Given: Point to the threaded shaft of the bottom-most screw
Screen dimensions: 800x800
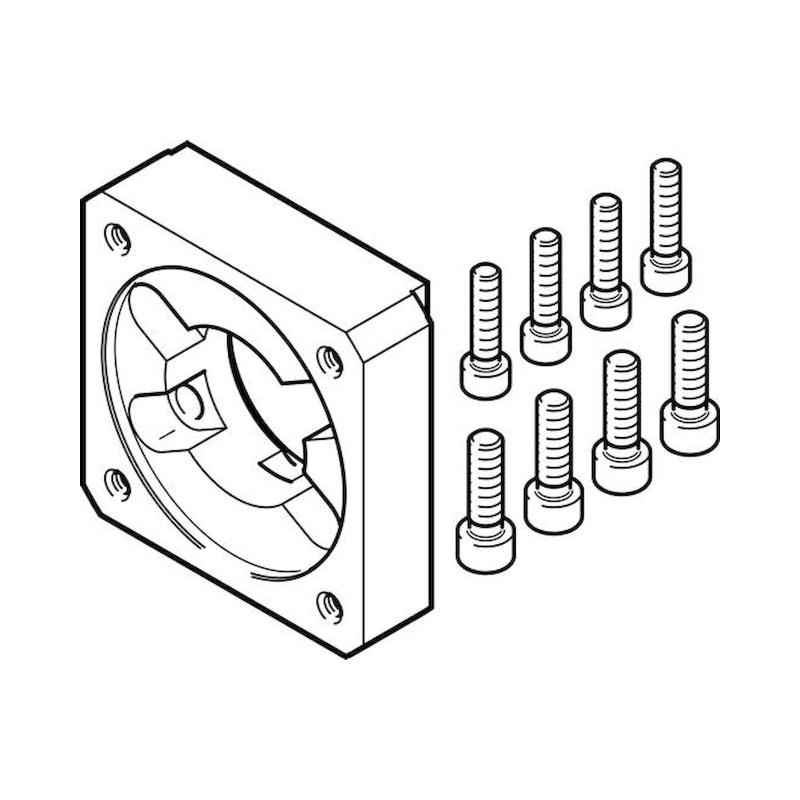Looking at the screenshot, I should pos(486,476).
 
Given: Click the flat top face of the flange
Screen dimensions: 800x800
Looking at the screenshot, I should pos(265,232).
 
